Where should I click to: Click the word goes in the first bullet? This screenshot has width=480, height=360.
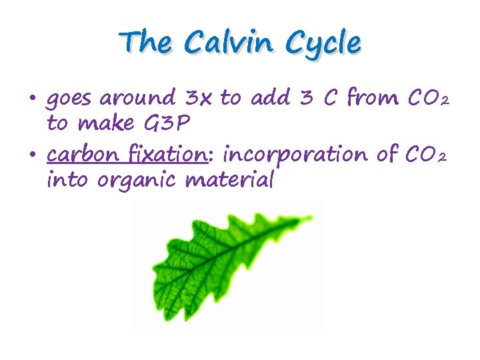69,101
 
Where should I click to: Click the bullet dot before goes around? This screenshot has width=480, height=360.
33,101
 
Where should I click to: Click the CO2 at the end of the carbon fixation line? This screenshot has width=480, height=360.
423,156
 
